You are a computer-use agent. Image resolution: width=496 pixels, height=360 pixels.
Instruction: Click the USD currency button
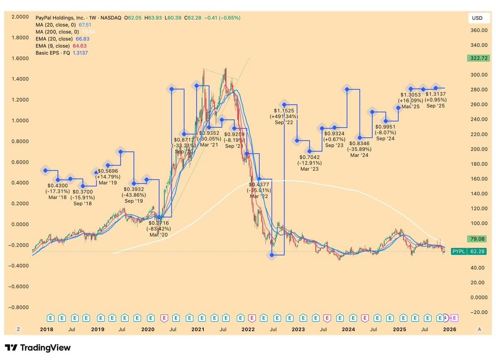click(477, 18)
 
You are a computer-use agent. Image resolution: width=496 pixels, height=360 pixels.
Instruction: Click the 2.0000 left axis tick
click(20, 17)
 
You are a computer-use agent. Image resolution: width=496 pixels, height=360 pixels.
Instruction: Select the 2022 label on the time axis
click(248, 329)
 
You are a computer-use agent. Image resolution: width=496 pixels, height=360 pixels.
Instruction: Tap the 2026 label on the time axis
click(449, 329)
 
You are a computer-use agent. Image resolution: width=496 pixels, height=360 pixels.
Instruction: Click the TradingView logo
click(38, 348)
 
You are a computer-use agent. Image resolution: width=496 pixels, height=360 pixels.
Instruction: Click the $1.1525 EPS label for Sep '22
click(284, 111)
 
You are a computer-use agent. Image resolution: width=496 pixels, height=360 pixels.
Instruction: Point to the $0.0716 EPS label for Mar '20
click(159, 223)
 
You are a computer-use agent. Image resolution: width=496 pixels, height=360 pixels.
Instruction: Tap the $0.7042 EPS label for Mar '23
click(310, 157)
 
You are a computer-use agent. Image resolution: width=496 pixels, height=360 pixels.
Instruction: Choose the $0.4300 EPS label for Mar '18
click(57, 186)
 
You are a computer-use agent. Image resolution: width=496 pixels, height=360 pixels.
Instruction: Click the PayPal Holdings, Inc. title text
click(60, 18)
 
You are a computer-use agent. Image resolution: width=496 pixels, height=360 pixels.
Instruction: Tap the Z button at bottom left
click(18, 329)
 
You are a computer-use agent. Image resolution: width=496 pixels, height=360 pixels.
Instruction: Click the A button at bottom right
click(479, 329)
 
